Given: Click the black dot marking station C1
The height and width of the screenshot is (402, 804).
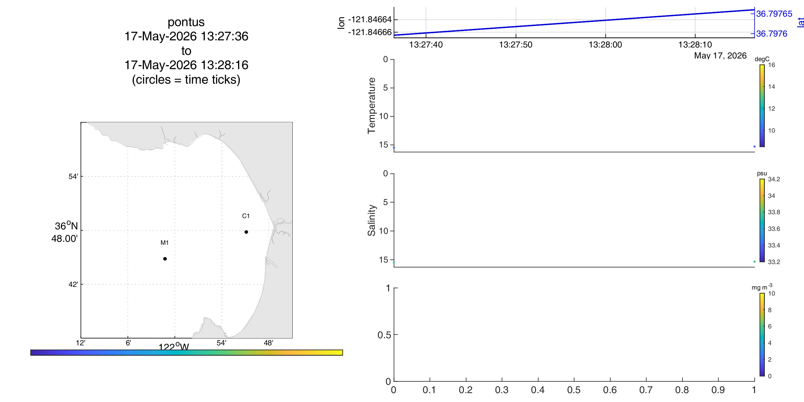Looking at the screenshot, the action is [246, 232].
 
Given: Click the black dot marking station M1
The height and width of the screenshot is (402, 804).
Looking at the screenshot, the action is [165, 259].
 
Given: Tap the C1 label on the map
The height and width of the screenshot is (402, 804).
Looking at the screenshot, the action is [246, 216].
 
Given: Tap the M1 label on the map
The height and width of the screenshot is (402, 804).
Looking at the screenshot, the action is [164, 242].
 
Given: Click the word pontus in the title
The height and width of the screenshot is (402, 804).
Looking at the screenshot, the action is [186, 22].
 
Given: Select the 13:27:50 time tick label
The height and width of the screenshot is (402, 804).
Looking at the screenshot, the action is [516, 45].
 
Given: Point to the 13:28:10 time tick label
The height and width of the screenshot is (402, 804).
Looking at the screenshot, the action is [695, 45].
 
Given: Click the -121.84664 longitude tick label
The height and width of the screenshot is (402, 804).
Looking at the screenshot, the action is [370, 20].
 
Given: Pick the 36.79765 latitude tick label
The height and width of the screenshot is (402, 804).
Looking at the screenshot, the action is [774, 14].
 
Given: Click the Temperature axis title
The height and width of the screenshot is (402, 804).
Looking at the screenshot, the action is [371, 106].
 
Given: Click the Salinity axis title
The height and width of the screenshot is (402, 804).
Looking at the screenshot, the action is [371, 220].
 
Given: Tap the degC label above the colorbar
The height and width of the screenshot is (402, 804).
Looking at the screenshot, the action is [762, 59].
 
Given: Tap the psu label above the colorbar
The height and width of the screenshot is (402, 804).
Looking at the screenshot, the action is [762, 173].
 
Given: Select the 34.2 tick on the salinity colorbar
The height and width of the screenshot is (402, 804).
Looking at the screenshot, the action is [774, 179].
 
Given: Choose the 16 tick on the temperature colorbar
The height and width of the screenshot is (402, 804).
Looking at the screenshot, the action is [772, 65].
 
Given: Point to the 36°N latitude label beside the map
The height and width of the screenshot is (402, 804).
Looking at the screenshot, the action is [66, 226].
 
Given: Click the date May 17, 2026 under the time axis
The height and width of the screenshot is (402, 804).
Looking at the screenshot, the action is [720, 55].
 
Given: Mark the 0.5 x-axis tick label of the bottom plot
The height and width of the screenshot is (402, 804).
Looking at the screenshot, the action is [574, 390].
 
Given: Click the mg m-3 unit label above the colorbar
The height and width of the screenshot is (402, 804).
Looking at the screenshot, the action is [762, 287].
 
